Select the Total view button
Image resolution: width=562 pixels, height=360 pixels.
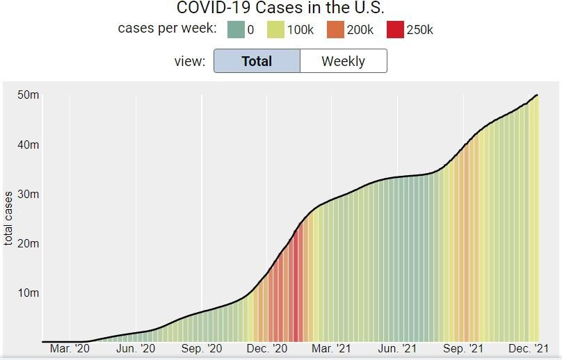pyautogui.click(x=257, y=61)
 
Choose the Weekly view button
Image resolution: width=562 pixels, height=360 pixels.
pyautogui.click(x=343, y=61)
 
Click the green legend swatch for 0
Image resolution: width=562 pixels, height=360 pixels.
pyautogui.click(x=236, y=29)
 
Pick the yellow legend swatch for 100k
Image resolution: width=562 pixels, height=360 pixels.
pyautogui.click(x=275, y=29)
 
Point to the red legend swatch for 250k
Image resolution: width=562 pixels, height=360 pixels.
pyautogui.click(x=394, y=29)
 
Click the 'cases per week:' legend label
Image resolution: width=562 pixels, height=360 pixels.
pyautogui.click(x=167, y=29)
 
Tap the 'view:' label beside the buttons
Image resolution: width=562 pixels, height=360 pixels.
pyautogui.click(x=189, y=61)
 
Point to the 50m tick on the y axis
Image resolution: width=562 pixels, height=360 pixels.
pyautogui.click(x=29, y=95)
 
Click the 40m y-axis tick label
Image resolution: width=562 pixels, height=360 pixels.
pyautogui.click(x=29, y=145)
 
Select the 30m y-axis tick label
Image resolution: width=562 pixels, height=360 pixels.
pyautogui.click(x=29, y=194)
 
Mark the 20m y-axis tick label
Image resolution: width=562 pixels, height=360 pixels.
pyautogui.click(x=29, y=243)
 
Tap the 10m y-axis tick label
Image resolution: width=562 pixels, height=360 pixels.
pyautogui.click(x=29, y=293)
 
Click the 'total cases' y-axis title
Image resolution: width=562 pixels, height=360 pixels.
pyautogui.click(x=9, y=218)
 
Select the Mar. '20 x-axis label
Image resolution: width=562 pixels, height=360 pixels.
pyautogui.click(x=70, y=349)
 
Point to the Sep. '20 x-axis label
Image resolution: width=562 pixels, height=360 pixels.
pyautogui.click(x=202, y=349)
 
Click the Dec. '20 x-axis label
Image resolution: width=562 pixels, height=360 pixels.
pyautogui.click(x=267, y=349)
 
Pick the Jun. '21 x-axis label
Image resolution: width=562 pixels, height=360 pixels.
pyautogui.click(x=397, y=349)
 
